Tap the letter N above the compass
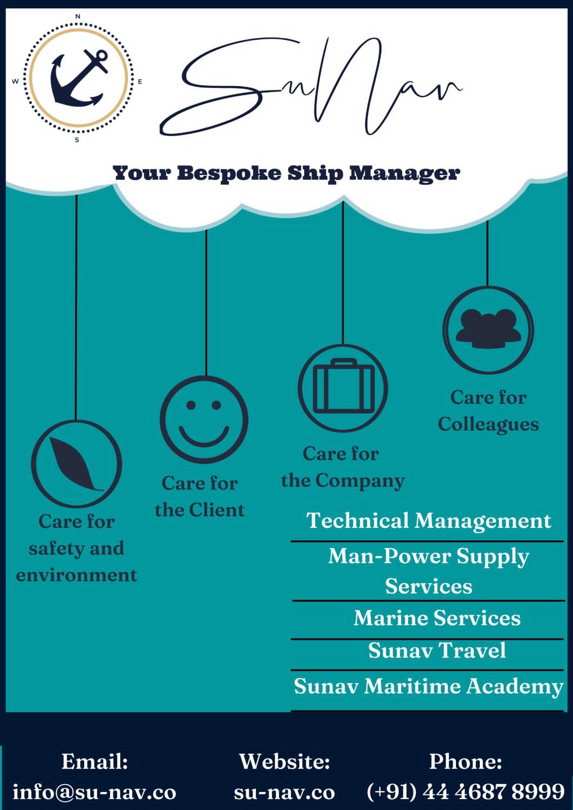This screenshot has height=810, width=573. (x=78, y=17)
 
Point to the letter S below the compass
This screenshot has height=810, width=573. (x=77, y=140)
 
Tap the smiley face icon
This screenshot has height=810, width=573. (x=204, y=420)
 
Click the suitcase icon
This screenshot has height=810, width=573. (x=343, y=388)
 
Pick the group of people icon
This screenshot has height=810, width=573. (x=488, y=330)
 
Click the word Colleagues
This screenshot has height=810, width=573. (x=488, y=424)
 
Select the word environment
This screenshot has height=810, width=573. (x=77, y=575)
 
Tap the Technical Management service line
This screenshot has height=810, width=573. (x=429, y=521)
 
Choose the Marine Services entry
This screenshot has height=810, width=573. (x=437, y=618)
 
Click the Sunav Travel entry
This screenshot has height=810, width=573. (x=437, y=651)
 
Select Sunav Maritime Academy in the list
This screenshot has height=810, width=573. (x=428, y=686)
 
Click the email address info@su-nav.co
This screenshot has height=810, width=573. (x=94, y=792)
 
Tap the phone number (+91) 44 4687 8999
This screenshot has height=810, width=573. (x=465, y=792)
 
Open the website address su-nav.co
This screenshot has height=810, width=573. (x=284, y=792)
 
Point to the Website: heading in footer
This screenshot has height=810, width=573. (x=284, y=761)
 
